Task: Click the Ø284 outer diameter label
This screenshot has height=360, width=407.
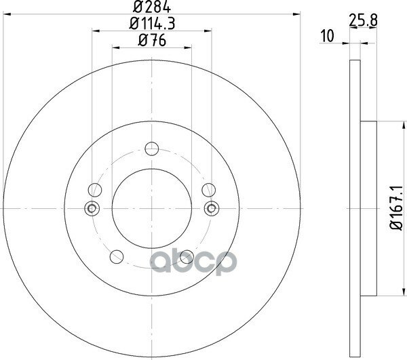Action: pos(152,7)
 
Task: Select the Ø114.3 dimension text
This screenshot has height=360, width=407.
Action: pos(153,23)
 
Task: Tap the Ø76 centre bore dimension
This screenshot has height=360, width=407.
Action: pos(152,40)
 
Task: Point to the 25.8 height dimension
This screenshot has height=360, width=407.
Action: pos(363,20)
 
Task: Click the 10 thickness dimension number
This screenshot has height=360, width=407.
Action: pos(328,36)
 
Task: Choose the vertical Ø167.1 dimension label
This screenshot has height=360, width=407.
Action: pos(396,207)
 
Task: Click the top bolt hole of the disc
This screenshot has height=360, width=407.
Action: pos(152,148)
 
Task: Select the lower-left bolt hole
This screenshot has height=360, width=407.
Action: pos(117,257)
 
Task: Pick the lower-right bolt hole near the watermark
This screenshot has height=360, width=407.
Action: pos(187,257)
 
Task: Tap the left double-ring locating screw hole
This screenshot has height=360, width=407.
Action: pos(92,208)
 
